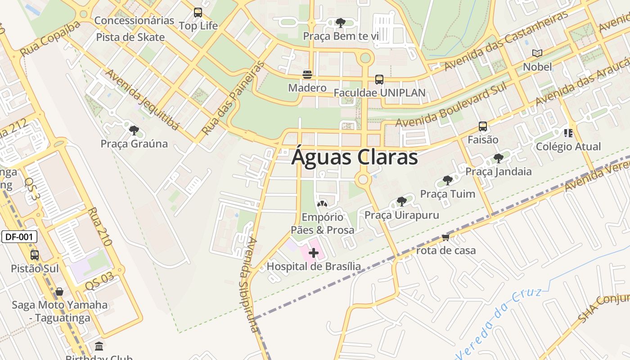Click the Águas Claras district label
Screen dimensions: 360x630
[355, 158]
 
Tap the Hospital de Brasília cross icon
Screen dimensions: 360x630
[314, 253]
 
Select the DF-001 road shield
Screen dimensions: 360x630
[19, 237]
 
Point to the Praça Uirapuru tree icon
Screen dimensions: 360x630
[401, 202]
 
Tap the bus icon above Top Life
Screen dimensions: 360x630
[198, 13]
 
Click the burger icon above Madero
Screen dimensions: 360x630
[307, 74]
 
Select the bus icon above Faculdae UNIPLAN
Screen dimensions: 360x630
[379, 80]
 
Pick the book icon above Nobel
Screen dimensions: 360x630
[537, 54]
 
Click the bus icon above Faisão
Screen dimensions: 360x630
[483, 126]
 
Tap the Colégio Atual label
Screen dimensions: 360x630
[568, 147]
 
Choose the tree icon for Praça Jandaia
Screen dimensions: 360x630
[498, 158]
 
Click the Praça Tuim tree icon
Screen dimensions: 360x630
[447, 180]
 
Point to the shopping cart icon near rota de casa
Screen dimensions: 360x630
[445, 237]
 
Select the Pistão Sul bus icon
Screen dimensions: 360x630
[35, 255]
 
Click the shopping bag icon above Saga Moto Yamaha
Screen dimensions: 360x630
[59, 292]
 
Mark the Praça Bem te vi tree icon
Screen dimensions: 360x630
[341, 22]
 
